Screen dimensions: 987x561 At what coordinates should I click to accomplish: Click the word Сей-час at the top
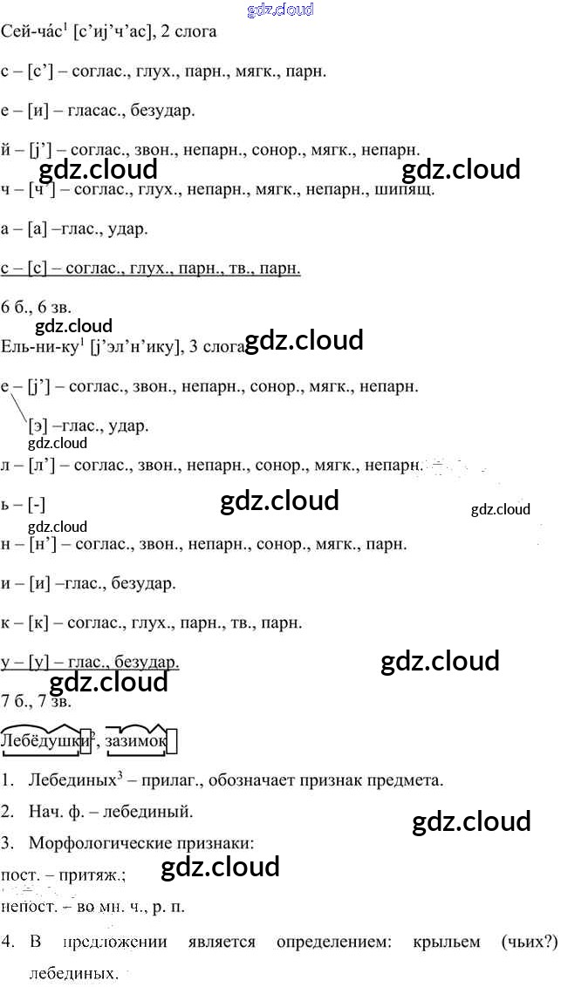tap(32, 32)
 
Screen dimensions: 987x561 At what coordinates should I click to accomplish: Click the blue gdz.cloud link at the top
tap(280, 10)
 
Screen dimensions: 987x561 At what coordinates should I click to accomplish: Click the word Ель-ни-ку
tap(41, 346)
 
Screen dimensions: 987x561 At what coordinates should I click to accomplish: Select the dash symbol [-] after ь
tap(36, 505)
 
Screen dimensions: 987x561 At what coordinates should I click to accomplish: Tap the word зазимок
tap(133, 741)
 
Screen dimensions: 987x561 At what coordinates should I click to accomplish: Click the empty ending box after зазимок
tap(171, 742)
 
